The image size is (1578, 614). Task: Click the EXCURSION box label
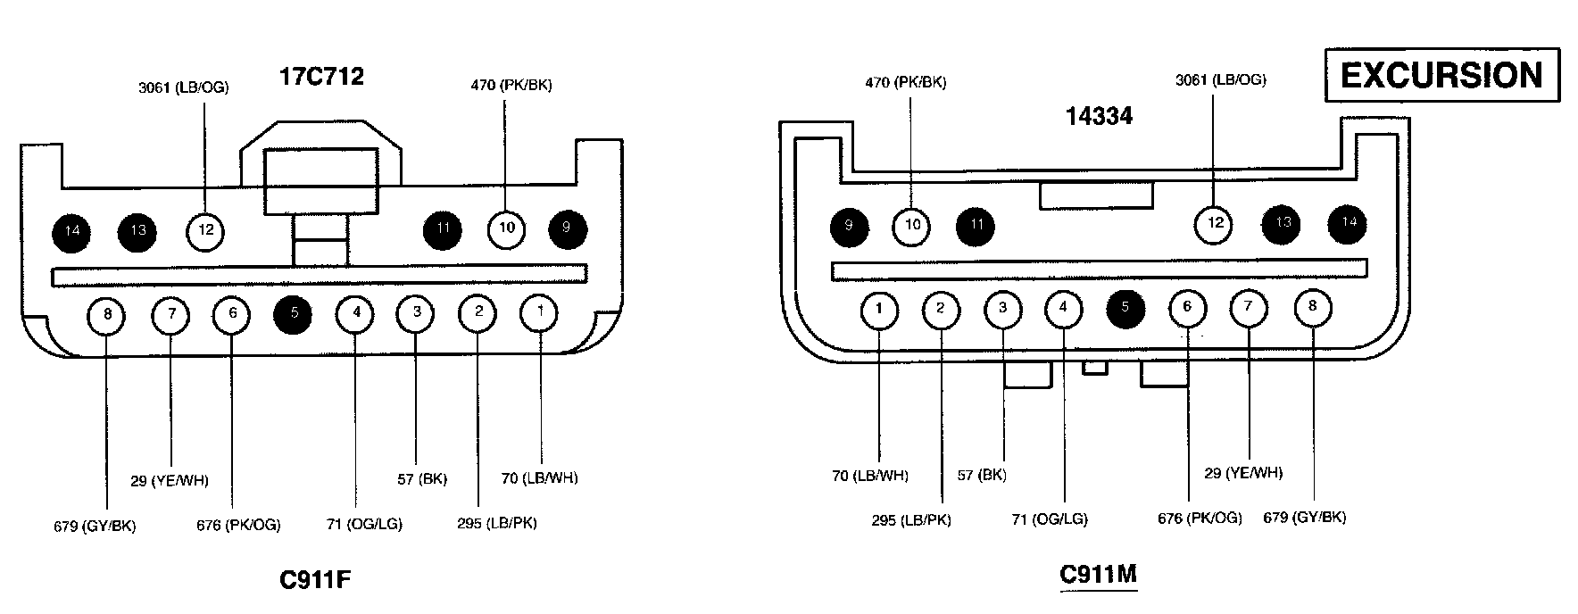pyautogui.click(x=1441, y=75)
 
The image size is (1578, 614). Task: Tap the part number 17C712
pyautogui.click(x=321, y=77)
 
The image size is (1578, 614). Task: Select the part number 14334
pyautogui.click(x=1099, y=116)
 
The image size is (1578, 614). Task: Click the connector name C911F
pyautogui.click(x=315, y=580)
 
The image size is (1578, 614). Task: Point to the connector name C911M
pyautogui.click(x=1099, y=574)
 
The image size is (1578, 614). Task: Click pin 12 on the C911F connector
pyautogui.click(x=206, y=230)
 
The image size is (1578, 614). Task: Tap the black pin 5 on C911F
pyautogui.click(x=295, y=313)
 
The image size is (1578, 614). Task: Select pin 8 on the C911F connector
pyautogui.click(x=107, y=314)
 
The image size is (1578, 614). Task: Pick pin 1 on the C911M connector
pyautogui.click(x=880, y=310)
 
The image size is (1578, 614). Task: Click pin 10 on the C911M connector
pyautogui.click(x=912, y=225)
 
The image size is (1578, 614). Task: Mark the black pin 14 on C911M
pyautogui.click(x=1348, y=222)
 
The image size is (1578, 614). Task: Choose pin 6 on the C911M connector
pyautogui.click(x=1187, y=308)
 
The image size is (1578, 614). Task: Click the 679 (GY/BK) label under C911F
pyautogui.click(x=95, y=526)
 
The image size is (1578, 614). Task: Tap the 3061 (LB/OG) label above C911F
pyautogui.click(x=183, y=87)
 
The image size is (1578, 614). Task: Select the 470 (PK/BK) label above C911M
pyautogui.click(x=905, y=82)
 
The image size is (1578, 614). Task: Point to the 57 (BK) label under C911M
pyautogui.click(x=982, y=475)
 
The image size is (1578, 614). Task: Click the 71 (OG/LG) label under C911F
pyautogui.click(x=364, y=524)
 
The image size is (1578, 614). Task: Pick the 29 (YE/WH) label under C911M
pyautogui.click(x=1243, y=472)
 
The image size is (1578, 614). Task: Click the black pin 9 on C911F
pyautogui.click(x=567, y=228)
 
